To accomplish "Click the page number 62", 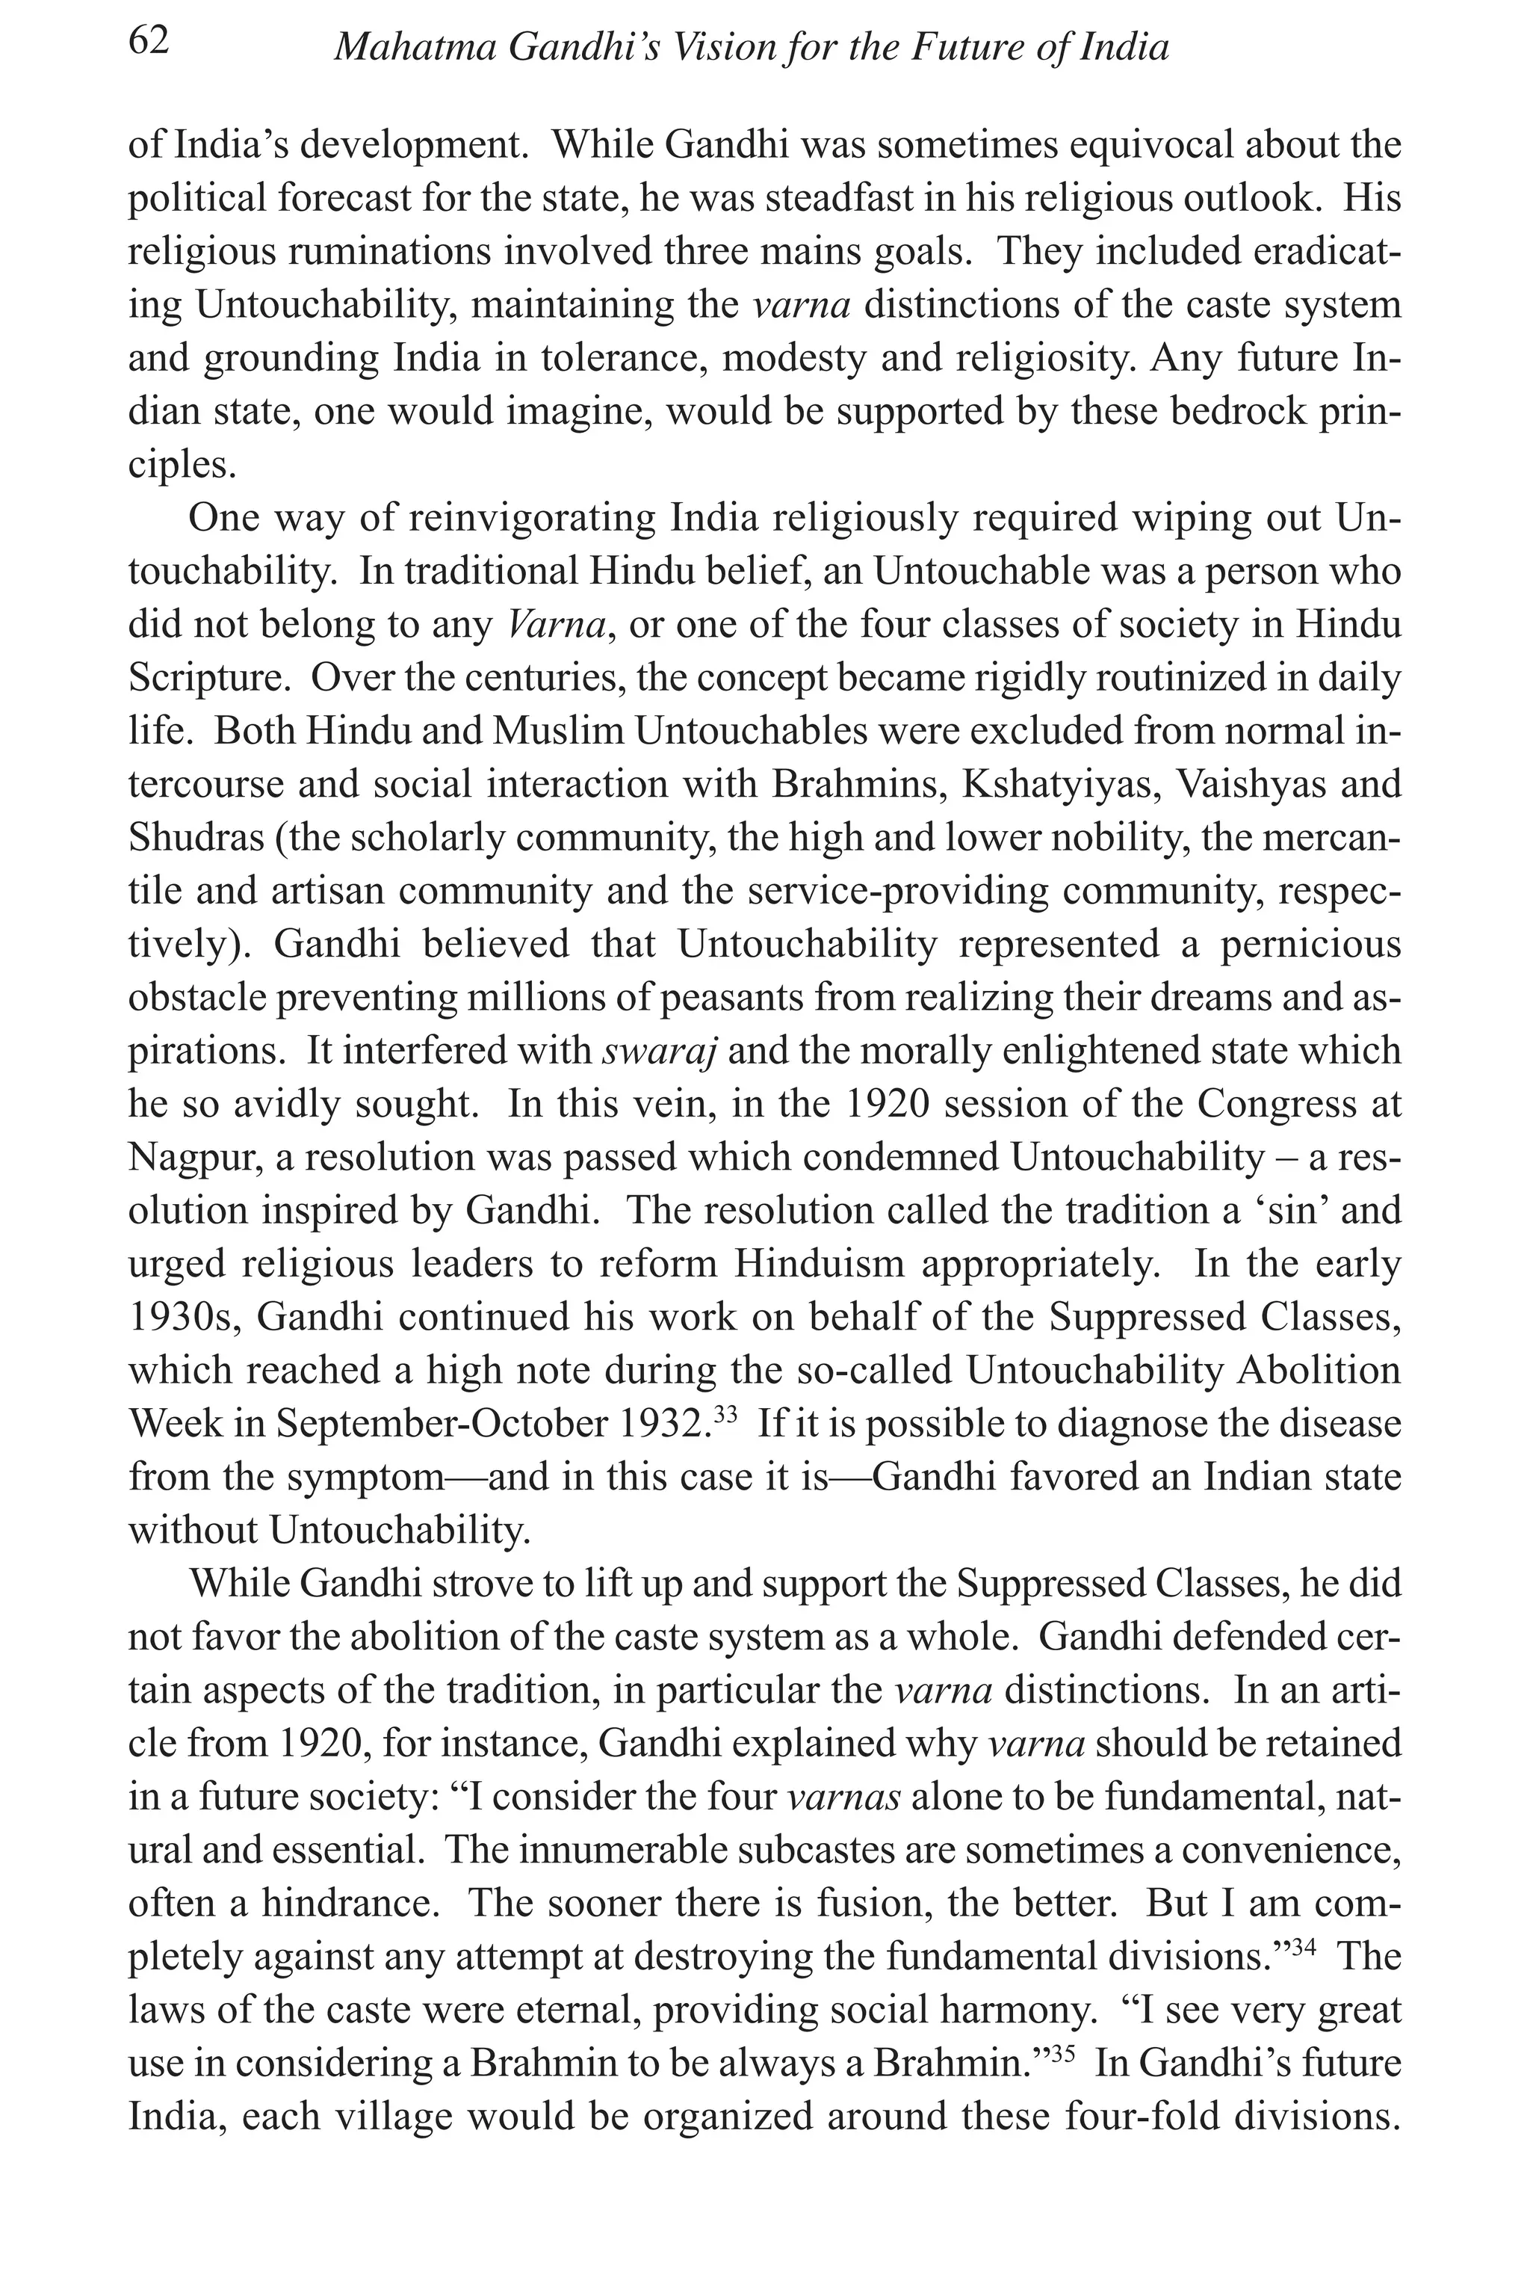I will click(149, 42).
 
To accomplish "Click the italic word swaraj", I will click(660, 1050).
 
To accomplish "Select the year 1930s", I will click(185, 1317).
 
